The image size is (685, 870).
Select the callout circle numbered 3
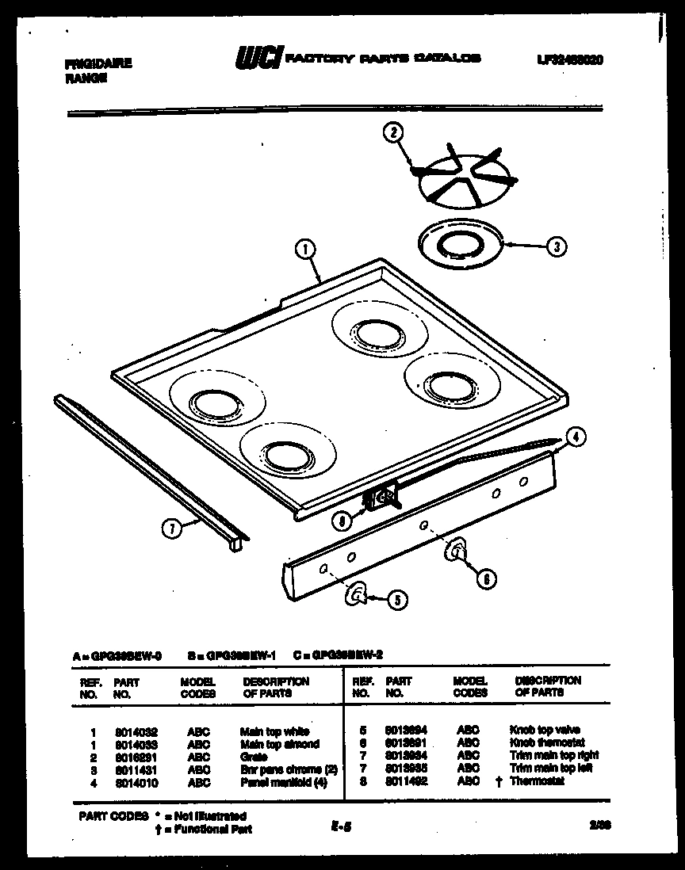(x=557, y=246)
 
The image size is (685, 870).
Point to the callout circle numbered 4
(x=576, y=435)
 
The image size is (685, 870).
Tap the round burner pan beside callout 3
(x=458, y=242)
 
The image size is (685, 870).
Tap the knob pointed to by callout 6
(x=457, y=551)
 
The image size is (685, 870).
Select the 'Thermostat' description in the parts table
(x=537, y=781)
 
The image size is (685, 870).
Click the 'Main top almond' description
(x=279, y=745)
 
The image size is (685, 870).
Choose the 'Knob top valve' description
(x=544, y=730)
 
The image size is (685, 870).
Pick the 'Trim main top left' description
(x=551, y=769)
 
